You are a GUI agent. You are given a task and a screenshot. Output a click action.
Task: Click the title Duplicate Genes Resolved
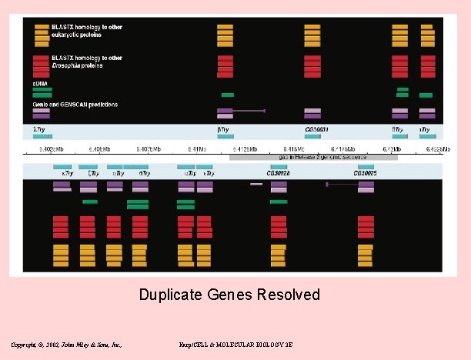click(x=229, y=295)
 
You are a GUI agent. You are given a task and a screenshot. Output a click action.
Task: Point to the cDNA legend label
click(x=40, y=82)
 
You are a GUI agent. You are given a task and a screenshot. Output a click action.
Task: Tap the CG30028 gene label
click(x=278, y=174)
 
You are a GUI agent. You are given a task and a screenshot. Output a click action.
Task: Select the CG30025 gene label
click(x=366, y=174)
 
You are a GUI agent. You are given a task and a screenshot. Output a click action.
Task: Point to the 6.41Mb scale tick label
click(x=197, y=148)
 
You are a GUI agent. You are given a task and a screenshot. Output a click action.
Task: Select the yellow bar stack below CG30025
click(x=366, y=255)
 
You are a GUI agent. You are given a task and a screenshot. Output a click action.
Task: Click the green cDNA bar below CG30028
click(x=278, y=202)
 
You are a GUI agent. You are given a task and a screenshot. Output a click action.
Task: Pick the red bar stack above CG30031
click(x=312, y=66)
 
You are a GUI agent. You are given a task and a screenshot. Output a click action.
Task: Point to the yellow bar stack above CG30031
click(x=312, y=35)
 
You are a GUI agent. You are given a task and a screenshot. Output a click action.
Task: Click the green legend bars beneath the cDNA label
click(x=42, y=92)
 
